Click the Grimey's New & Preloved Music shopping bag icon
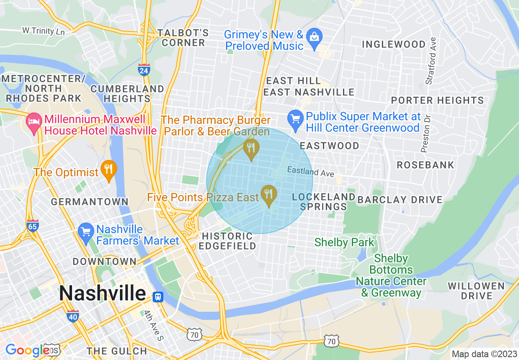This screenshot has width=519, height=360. [314, 37]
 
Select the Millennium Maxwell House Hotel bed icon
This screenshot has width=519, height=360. [34, 121]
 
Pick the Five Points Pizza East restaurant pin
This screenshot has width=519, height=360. [269, 193]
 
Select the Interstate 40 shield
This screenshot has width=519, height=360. [73, 315]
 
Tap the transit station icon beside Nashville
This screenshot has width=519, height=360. [158, 297]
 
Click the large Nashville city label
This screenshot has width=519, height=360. [102, 293]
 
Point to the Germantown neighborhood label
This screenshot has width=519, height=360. [89, 202]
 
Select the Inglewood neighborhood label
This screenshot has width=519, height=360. [394, 44]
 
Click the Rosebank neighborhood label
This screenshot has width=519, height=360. [425, 165]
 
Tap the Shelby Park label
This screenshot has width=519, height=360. [344, 242]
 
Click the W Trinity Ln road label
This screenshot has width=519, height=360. [44, 31]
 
